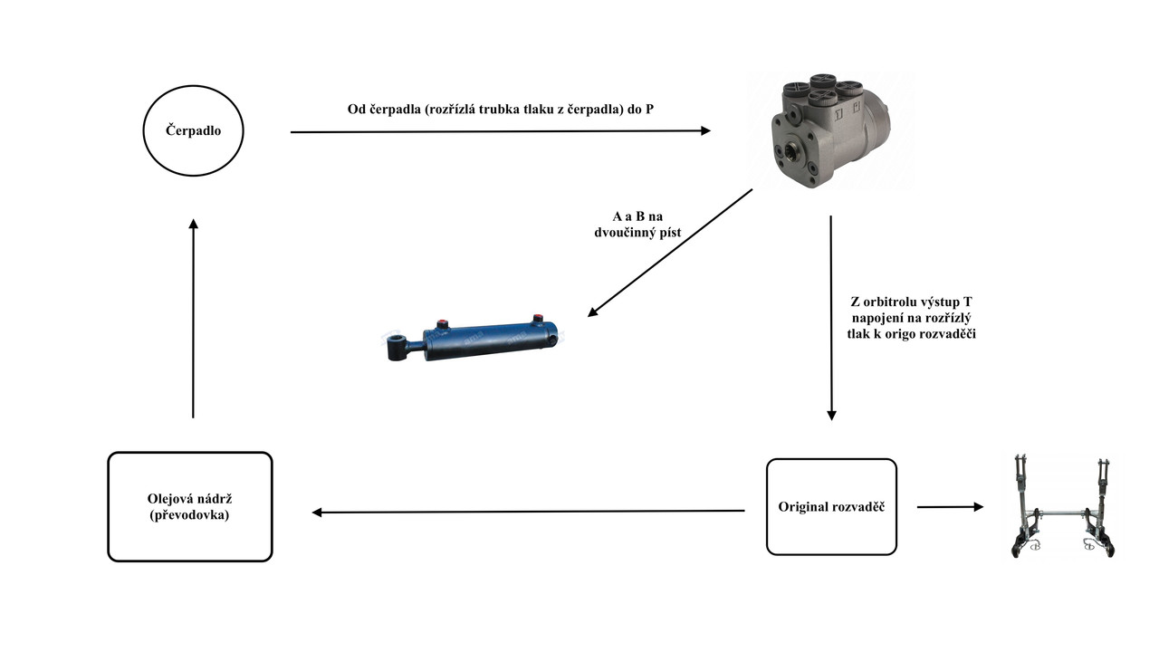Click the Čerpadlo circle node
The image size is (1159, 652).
tap(193, 130)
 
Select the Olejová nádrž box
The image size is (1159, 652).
tap(190, 506)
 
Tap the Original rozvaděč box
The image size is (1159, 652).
tap(831, 506)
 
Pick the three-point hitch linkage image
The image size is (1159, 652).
tap(1062, 507)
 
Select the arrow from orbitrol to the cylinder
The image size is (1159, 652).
tap(670, 253)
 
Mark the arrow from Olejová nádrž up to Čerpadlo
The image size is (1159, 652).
tap(193, 317)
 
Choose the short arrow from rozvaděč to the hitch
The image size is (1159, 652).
tap(949, 507)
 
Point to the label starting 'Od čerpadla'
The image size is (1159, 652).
tap(501, 110)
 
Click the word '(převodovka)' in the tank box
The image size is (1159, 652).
tap(190, 514)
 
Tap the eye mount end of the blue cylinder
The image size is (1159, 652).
tap(397, 348)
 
